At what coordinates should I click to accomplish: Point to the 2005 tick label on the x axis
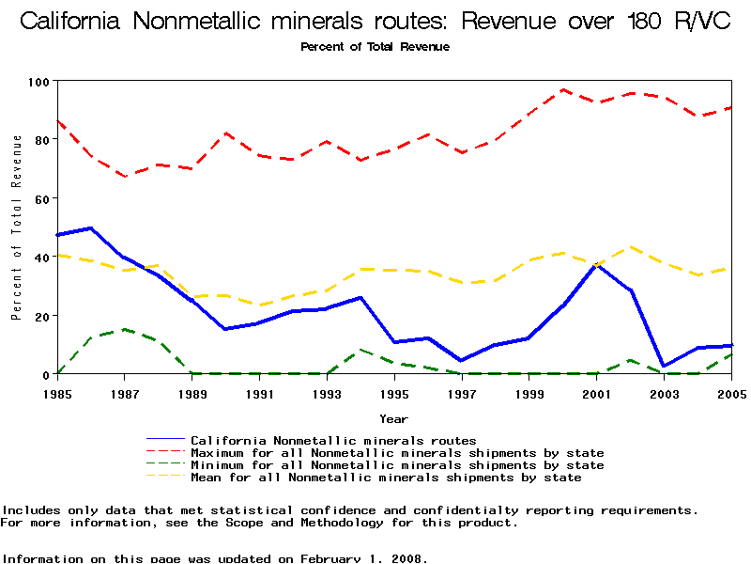730,393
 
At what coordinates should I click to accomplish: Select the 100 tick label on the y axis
38,82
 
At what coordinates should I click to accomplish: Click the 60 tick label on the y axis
41,198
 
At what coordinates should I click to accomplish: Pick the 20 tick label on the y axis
41,316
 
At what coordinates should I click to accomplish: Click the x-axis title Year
393,418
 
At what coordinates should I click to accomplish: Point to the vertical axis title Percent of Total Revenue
17,227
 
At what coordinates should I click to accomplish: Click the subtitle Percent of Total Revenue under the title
375,47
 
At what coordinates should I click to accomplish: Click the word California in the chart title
76,21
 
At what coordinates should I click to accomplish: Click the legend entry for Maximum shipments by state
397,453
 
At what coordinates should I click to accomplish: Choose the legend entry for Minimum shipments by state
397,465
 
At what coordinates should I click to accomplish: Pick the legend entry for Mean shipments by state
386,478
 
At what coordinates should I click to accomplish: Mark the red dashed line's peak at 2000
562,90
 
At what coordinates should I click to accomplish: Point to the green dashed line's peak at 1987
124,329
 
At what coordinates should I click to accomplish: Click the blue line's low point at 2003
664,366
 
